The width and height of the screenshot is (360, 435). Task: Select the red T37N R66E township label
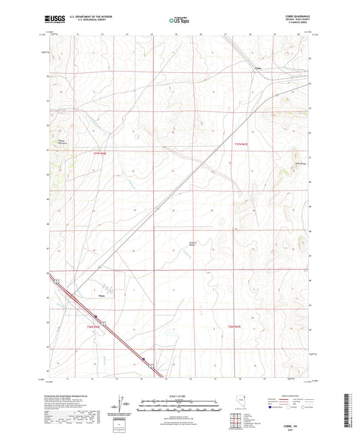tap(100, 154)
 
